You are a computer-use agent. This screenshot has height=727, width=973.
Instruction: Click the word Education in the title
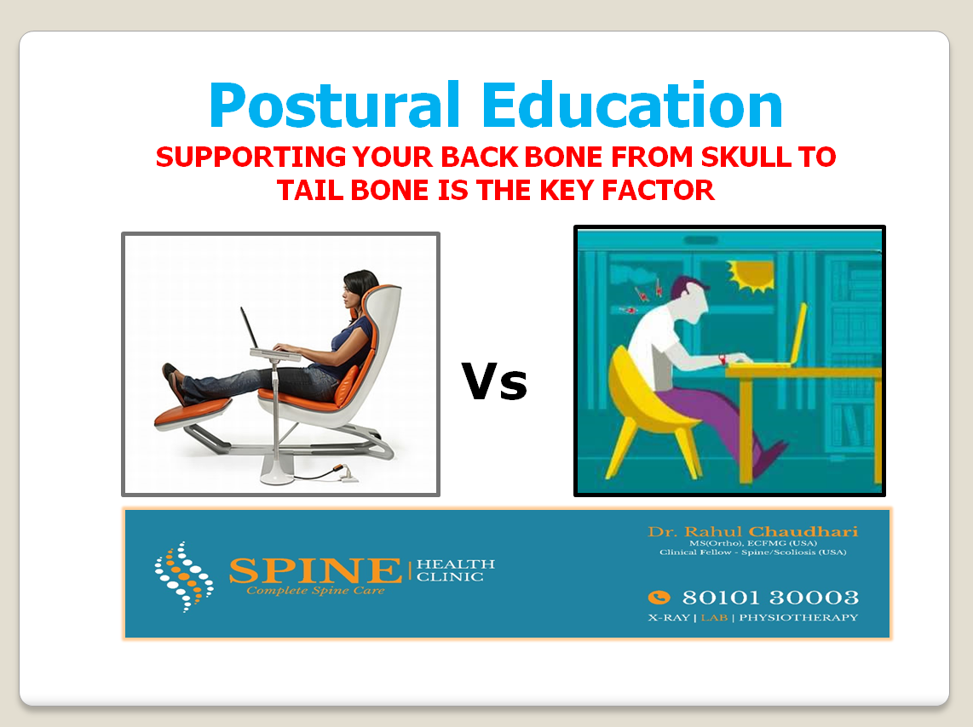(x=631, y=105)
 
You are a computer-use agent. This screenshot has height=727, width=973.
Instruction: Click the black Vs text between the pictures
(x=494, y=381)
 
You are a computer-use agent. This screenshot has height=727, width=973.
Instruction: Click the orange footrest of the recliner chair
(x=193, y=412)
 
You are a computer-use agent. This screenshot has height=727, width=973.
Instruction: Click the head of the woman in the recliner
(x=360, y=289)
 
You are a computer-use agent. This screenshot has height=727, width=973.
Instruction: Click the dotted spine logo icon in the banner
(x=184, y=577)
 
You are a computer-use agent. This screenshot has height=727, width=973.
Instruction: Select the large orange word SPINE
(x=315, y=570)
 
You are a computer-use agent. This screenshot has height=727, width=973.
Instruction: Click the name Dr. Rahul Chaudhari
(x=752, y=531)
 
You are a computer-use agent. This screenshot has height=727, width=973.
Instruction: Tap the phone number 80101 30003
(x=770, y=598)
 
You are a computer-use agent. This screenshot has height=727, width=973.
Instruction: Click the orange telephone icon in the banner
(x=659, y=598)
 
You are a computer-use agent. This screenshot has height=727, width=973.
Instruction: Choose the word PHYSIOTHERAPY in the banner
(x=798, y=617)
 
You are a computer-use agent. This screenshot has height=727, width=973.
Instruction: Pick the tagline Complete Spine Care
(x=315, y=591)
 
